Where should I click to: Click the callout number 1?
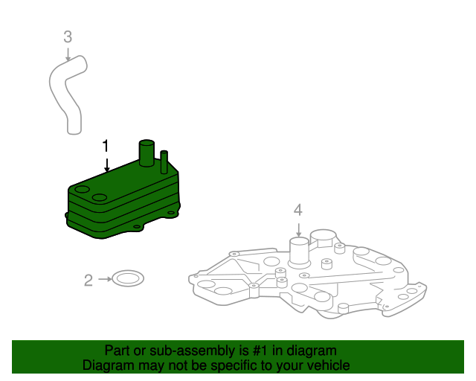(x=106, y=144)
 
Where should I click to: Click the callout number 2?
(x=89, y=281)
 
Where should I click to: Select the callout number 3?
(x=68, y=36)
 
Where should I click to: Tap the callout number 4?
(x=297, y=210)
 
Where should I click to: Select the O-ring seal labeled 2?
(x=129, y=280)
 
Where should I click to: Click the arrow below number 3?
(x=68, y=53)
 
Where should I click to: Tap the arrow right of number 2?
(x=104, y=280)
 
